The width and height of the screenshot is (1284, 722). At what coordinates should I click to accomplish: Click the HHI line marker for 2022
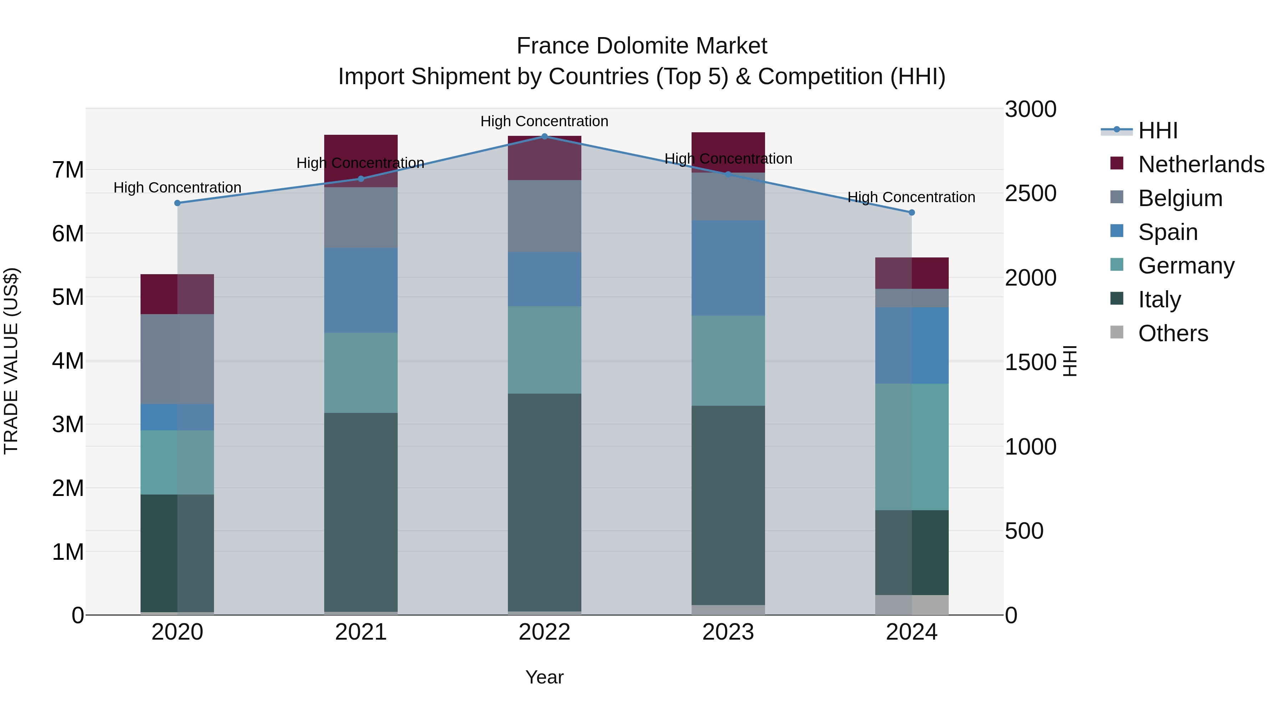click(x=544, y=136)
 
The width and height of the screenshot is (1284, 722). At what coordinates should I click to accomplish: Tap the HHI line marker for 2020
click(x=178, y=203)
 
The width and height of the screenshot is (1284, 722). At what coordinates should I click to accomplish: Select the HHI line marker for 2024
click(x=912, y=212)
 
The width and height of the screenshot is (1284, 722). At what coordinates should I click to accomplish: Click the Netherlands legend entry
click(x=1201, y=164)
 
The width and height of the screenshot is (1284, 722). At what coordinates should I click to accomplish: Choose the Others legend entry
click(x=1173, y=333)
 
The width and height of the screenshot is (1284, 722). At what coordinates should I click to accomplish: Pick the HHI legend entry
click(x=1158, y=130)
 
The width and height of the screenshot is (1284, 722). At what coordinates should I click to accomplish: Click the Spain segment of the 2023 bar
click(x=728, y=268)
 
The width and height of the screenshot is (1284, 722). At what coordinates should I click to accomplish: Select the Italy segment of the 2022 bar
click(x=544, y=502)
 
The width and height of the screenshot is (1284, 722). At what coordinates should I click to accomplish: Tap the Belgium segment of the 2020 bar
click(x=178, y=359)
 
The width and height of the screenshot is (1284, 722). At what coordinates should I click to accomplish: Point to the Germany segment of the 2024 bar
click(x=912, y=447)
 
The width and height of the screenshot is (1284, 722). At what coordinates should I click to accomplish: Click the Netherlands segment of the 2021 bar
click(x=361, y=160)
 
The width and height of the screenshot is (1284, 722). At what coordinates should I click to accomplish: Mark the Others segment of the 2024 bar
click(x=912, y=605)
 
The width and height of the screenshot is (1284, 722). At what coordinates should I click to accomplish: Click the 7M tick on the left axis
click(x=68, y=170)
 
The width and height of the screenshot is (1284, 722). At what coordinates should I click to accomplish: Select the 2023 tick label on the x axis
click(x=728, y=632)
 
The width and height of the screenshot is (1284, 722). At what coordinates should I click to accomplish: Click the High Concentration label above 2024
click(x=911, y=197)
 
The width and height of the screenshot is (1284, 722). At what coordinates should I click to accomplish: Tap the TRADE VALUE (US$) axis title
click(x=11, y=361)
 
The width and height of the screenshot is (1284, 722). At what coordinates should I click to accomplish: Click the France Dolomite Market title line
click(x=642, y=46)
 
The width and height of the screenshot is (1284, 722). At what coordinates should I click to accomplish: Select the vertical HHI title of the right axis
click(x=1070, y=361)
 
